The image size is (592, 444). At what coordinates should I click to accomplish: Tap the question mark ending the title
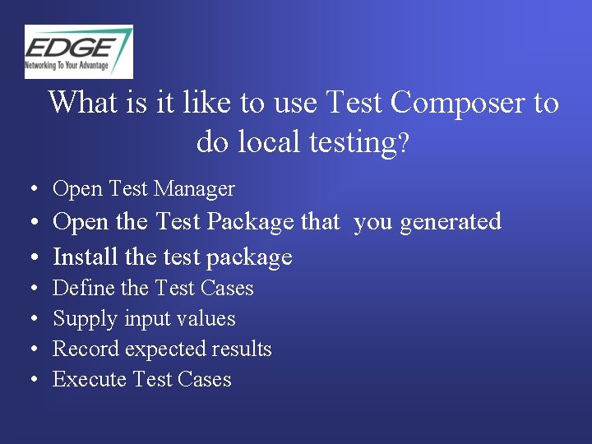403,144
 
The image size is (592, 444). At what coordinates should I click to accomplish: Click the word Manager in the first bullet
194,189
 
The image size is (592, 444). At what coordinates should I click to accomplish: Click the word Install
86,257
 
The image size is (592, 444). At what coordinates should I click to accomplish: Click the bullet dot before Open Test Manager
31,190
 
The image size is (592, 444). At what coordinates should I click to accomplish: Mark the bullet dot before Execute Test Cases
31,380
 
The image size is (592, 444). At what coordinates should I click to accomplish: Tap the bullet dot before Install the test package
31,257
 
